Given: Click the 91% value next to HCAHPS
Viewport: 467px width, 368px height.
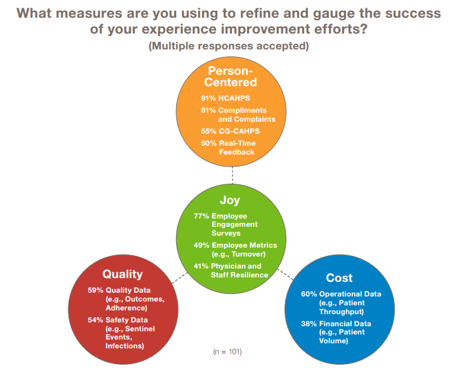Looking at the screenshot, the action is pyautogui.click(x=208, y=98).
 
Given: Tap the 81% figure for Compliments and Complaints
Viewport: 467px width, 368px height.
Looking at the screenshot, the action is pyautogui.click(x=208, y=110).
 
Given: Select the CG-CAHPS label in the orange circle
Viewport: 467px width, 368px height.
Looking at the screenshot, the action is pyautogui.click(x=239, y=131).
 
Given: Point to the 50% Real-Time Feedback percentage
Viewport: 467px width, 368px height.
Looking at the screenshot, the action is pyautogui.click(x=208, y=143).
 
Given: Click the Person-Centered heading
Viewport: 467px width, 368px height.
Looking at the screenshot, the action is pyautogui.click(x=231, y=77).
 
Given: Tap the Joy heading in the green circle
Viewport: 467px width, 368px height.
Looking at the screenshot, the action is pyautogui.click(x=230, y=200).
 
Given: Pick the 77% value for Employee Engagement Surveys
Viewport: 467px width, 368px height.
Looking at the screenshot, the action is pyautogui.click(x=202, y=216).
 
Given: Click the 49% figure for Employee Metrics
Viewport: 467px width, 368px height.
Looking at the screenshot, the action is pyautogui.click(x=202, y=245).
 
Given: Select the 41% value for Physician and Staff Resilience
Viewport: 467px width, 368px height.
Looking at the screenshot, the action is pyautogui.click(x=201, y=266).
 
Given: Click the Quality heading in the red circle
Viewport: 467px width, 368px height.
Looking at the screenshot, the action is pyautogui.click(x=123, y=274).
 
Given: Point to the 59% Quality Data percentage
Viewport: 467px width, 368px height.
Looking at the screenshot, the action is pyautogui.click(x=95, y=290).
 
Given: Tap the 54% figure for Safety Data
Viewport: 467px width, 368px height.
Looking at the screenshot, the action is pyautogui.click(x=95, y=320).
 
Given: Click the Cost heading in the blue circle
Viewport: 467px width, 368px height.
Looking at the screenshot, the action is pyautogui.click(x=339, y=278).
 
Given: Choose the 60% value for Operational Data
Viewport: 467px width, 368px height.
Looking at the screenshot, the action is pyautogui.click(x=309, y=294).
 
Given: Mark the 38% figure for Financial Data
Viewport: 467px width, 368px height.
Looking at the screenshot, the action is pyautogui.click(x=309, y=324).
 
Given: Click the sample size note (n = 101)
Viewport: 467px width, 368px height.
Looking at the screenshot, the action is pyautogui.click(x=227, y=352).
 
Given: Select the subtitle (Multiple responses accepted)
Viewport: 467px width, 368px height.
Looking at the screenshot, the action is pyautogui.click(x=229, y=46).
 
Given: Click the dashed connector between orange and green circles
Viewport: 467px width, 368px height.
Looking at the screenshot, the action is pyautogui.click(x=233, y=175).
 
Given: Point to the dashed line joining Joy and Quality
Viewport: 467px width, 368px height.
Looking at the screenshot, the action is pyautogui.click(x=180, y=278).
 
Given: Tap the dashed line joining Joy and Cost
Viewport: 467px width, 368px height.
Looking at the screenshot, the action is pyautogui.click(x=285, y=274).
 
